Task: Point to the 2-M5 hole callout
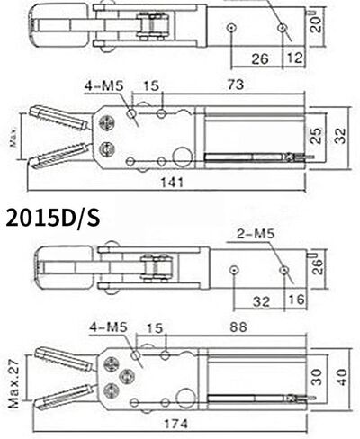coord(256,236)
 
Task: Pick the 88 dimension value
coord(238,327)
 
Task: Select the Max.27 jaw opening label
coord(13,381)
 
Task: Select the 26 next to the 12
coord(259,58)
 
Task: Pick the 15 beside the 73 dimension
coord(150,85)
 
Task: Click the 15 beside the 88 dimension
coord(153,327)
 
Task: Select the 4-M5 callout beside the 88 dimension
coord(107,327)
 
